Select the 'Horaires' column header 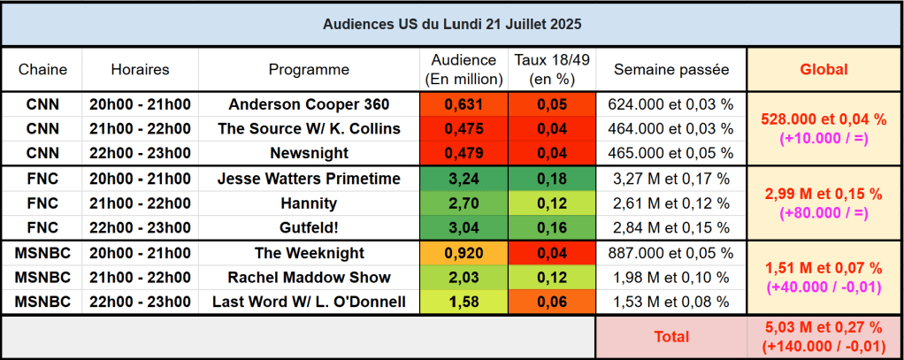pos(140,69)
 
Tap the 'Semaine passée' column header pos(671,69)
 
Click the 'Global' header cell pos(824,69)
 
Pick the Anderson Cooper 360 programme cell pos(309,104)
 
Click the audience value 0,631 pos(463,104)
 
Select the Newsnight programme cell pos(309,152)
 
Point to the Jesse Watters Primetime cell pos(309,179)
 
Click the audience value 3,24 pos(463,179)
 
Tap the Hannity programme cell pos(309,203)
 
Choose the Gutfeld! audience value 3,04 pos(463,227)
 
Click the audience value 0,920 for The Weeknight pos(463,253)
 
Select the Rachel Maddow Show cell pos(309,278)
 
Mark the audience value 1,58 pos(463,303)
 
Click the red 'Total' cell pos(671,337)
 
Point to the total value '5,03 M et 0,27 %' pos(824,329)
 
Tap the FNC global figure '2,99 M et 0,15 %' pos(824,194)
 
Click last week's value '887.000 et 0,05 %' pos(671,253)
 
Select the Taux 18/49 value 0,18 pos(551,179)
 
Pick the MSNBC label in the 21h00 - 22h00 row pos(42,278)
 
